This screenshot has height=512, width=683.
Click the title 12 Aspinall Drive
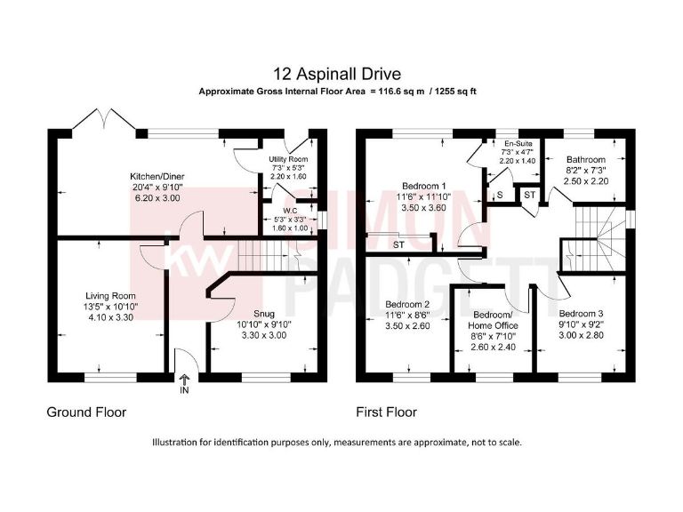[x=341, y=75]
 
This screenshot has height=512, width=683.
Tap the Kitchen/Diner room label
[x=156, y=177]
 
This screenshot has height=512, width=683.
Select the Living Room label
[x=110, y=296]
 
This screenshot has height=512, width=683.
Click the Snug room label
[x=264, y=314]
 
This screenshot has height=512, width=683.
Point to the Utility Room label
[x=287, y=158]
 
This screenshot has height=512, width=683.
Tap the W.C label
[x=289, y=212]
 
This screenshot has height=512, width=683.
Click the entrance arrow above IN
[x=184, y=379]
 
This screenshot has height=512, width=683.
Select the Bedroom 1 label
[x=423, y=187]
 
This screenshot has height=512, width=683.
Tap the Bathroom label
[x=584, y=160]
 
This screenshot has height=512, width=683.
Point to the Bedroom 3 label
[x=582, y=314]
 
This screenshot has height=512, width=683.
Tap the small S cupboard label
[x=500, y=194]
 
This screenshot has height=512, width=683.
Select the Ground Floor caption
[x=86, y=412]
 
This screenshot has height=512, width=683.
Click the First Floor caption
[x=386, y=412]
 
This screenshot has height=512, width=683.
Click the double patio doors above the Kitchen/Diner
[x=105, y=120]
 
